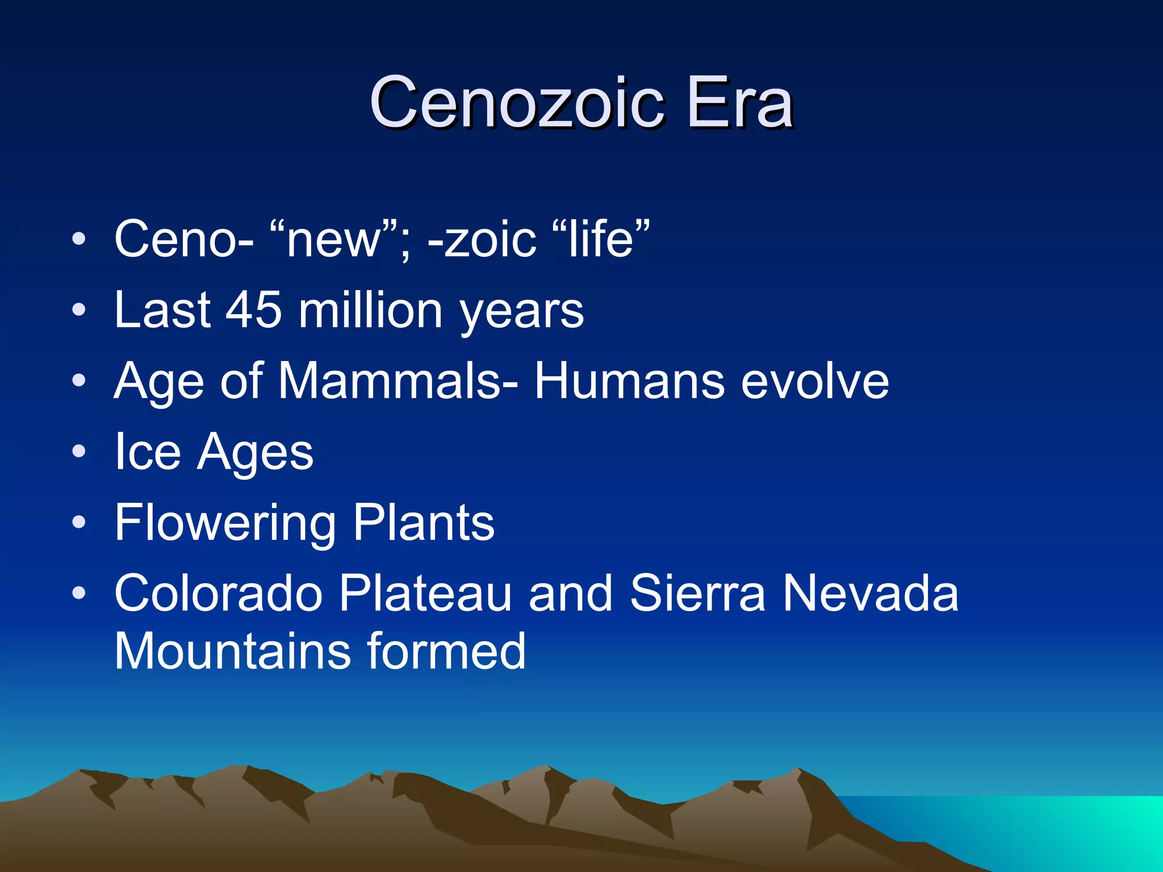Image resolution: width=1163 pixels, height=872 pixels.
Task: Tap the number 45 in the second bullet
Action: tap(254, 311)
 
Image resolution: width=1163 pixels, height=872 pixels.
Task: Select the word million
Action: tap(370, 311)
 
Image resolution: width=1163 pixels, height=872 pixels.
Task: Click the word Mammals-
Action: tap(398, 381)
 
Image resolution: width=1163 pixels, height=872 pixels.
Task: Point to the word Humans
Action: tap(629, 381)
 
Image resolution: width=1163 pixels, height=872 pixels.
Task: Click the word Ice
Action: tap(148, 452)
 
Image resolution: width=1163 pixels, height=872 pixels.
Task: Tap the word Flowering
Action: tap(225, 523)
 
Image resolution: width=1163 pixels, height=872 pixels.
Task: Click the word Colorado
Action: tap(219, 593)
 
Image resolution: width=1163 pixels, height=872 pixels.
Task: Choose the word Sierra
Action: tap(698, 593)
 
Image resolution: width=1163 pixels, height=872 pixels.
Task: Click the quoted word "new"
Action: tap(335, 240)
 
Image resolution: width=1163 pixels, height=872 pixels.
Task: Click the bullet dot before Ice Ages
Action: tap(80, 452)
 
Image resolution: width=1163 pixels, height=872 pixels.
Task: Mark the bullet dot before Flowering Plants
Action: tap(80, 523)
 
